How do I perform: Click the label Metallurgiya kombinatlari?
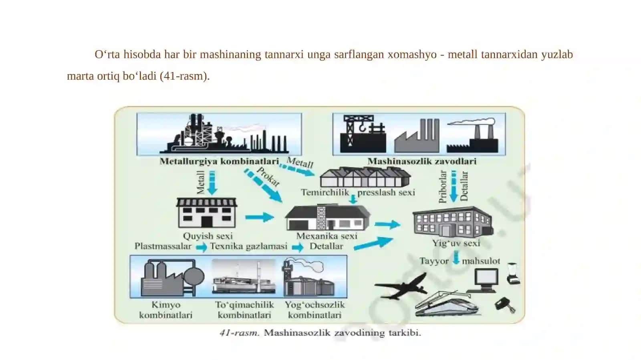pyautogui.click(x=219, y=161)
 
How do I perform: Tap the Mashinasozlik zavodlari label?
pyautogui.click(x=422, y=161)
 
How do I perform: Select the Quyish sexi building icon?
pyautogui.click(x=207, y=213)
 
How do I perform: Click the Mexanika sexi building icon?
pyautogui.click(x=327, y=217)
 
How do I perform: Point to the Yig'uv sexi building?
pyautogui.click(x=453, y=222)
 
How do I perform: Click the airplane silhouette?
pyautogui.click(x=401, y=286)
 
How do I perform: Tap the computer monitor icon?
pyautogui.click(x=484, y=280)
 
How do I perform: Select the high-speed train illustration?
pyautogui.click(x=446, y=304)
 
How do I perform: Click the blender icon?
pyautogui.click(x=513, y=274)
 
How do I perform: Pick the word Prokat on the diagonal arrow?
pyautogui.click(x=268, y=177)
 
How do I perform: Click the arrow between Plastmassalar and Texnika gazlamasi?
pyautogui.click(x=202, y=247)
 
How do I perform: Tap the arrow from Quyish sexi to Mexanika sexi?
pyautogui.click(x=260, y=217)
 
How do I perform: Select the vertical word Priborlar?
pyautogui.click(x=443, y=187)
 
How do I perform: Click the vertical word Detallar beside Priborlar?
pyautogui.click(x=464, y=186)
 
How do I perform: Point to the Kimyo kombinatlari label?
pyautogui.click(x=166, y=310)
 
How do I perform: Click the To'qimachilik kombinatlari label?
pyautogui.click(x=244, y=310)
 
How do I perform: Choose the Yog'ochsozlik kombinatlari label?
pyautogui.click(x=314, y=310)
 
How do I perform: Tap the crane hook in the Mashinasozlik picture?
pyautogui.click(x=362, y=127)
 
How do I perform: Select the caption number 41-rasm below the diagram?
pyautogui.click(x=239, y=333)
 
